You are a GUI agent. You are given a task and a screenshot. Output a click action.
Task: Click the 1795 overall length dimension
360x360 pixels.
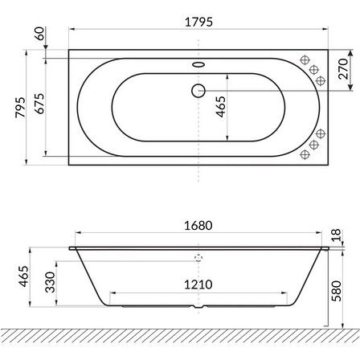(x=198, y=22)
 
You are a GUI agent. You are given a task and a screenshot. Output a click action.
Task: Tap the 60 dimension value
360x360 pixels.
(x=40, y=34)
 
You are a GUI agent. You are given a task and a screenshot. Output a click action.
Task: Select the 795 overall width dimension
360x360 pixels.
(x=20, y=107)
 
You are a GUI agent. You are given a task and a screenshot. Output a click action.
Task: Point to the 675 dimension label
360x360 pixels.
(x=40, y=104)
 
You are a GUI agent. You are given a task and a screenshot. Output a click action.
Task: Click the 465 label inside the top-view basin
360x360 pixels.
(x=221, y=107)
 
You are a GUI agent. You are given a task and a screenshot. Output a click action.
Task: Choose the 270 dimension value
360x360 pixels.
(x=343, y=69)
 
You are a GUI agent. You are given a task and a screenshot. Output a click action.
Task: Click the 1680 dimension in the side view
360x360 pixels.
(x=198, y=226)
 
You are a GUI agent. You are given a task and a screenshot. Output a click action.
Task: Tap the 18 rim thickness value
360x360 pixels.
(x=337, y=235)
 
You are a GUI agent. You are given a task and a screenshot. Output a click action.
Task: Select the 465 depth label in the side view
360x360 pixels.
(x=23, y=276)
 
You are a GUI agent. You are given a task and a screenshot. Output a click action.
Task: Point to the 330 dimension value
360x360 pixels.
(x=50, y=282)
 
